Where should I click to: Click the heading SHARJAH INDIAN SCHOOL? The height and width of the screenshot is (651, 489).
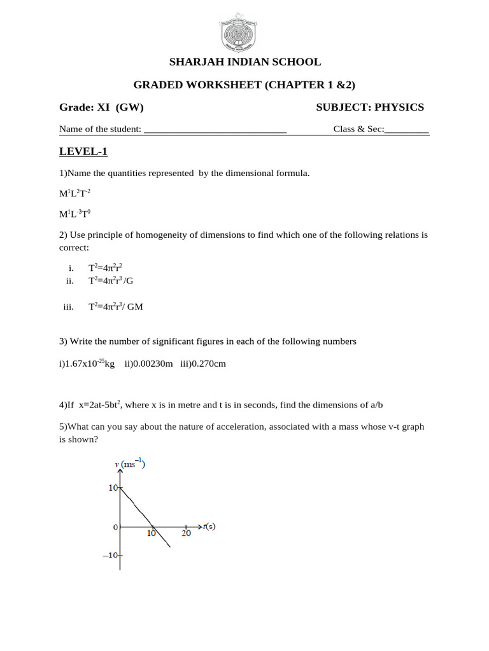pyautogui.click(x=244, y=62)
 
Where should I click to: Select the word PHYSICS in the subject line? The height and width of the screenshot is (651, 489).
pyautogui.click(x=399, y=107)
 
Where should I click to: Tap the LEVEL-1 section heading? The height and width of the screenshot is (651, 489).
pyautogui.click(x=83, y=151)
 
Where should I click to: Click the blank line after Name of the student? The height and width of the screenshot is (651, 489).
pyautogui.click(x=215, y=129)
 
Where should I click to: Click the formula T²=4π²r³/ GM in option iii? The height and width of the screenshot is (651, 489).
pyautogui.click(x=115, y=306)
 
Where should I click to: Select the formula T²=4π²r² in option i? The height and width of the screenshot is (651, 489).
pyautogui.click(x=105, y=268)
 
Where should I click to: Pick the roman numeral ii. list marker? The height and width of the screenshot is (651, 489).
pyautogui.click(x=70, y=280)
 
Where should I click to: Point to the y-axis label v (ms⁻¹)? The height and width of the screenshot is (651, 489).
pyautogui.click(x=130, y=464)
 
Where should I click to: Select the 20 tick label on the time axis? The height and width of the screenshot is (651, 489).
pyautogui.click(x=186, y=534)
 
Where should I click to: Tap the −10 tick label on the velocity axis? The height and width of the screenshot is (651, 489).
pyautogui.click(x=110, y=555)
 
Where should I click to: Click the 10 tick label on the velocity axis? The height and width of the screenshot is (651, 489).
pyautogui.click(x=113, y=488)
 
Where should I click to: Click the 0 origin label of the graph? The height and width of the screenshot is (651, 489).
pyautogui.click(x=115, y=528)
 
